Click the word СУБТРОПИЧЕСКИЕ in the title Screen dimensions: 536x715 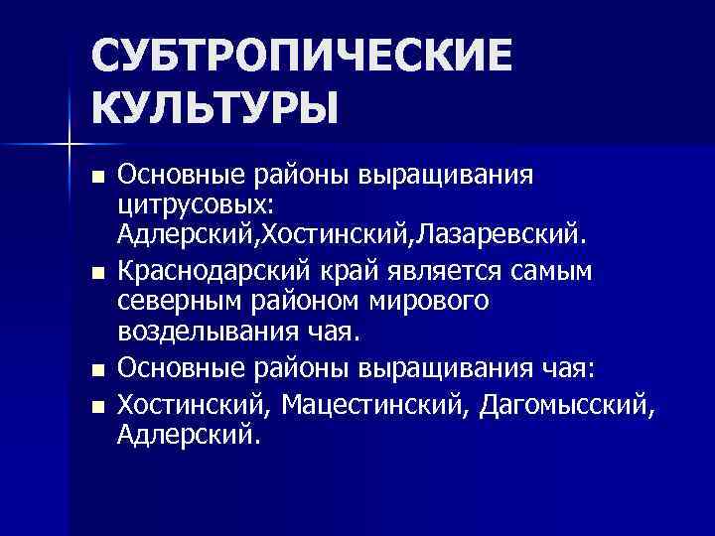[303, 57]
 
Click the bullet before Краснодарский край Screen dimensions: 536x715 [96, 270]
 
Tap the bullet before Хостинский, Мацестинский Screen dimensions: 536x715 [96, 405]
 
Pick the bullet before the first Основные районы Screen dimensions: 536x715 [96, 177]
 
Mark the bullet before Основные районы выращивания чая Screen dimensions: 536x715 [96, 371]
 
